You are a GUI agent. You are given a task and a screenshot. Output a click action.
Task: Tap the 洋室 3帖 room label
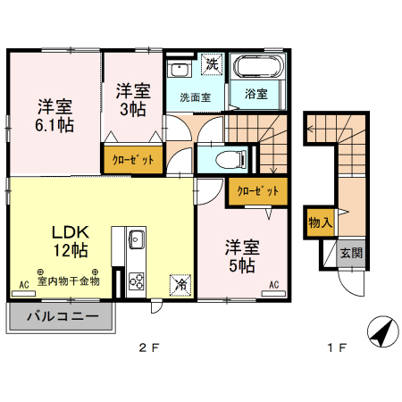click(132, 99)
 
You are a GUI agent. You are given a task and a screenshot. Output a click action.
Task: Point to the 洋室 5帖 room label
click(241, 255)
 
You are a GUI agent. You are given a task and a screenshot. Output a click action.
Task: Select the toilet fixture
click(233, 160)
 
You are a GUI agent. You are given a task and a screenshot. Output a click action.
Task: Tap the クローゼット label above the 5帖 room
click(258, 190)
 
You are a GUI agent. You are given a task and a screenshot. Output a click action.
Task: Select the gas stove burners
click(137, 280)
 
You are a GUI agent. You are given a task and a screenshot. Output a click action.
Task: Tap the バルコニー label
click(63, 316)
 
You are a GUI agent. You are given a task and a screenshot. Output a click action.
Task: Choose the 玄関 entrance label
click(351, 253)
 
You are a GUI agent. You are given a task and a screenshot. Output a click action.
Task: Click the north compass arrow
click(383, 332)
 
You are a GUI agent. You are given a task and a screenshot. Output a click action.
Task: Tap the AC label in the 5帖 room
click(274, 285)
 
